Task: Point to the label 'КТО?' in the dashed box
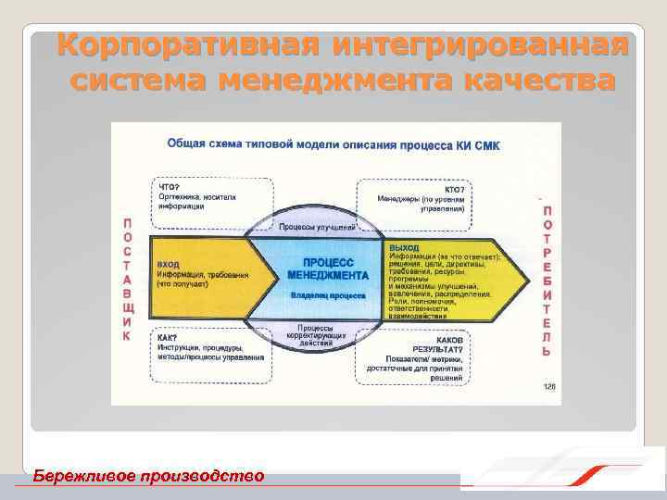[455, 188]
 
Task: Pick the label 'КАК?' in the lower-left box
[168, 338]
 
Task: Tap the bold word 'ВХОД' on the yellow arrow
[169, 265]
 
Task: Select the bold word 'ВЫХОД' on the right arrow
[404, 248]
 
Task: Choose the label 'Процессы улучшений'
[318, 227]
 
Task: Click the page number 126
[548, 387]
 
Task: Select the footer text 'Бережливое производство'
[148, 476]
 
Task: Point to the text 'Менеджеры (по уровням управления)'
[421, 204]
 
